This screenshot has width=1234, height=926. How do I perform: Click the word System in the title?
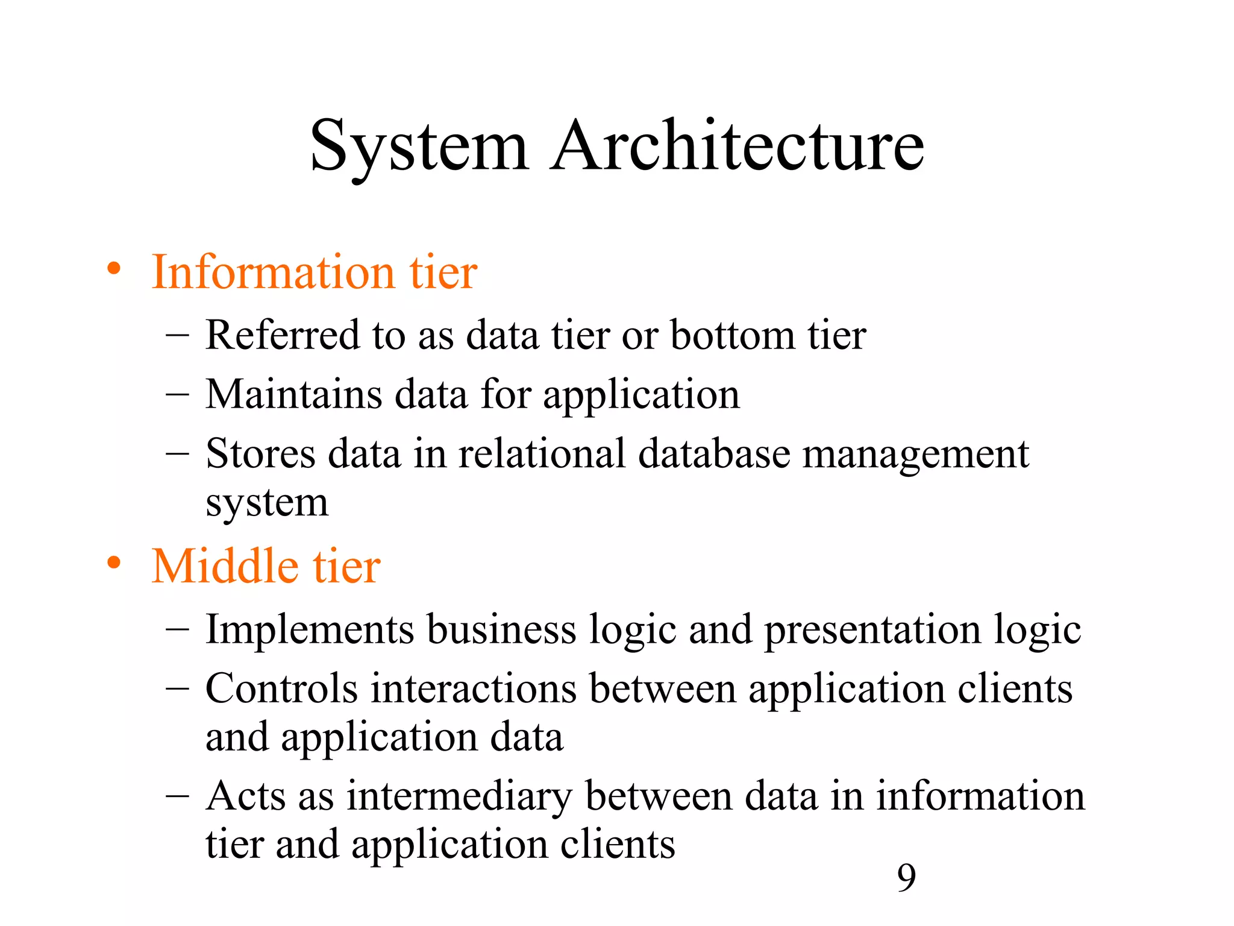(x=419, y=146)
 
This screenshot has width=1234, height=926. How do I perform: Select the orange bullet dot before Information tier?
(x=114, y=269)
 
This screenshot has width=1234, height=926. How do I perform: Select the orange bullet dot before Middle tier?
(x=114, y=563)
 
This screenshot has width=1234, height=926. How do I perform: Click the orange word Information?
(x=273, y=272)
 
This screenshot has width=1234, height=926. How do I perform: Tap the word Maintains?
(x=293, y=394)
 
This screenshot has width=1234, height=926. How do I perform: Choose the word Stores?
(x=260, y=453)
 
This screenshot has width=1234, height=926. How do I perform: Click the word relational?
(x=542, y=453)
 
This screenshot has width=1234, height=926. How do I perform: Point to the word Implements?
(x=310, y=630)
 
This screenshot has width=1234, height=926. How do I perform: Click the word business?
(x=502, y=630)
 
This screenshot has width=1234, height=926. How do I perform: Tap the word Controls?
(x=281, y=688)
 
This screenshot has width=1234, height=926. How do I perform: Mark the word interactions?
(x=474, y=688)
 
